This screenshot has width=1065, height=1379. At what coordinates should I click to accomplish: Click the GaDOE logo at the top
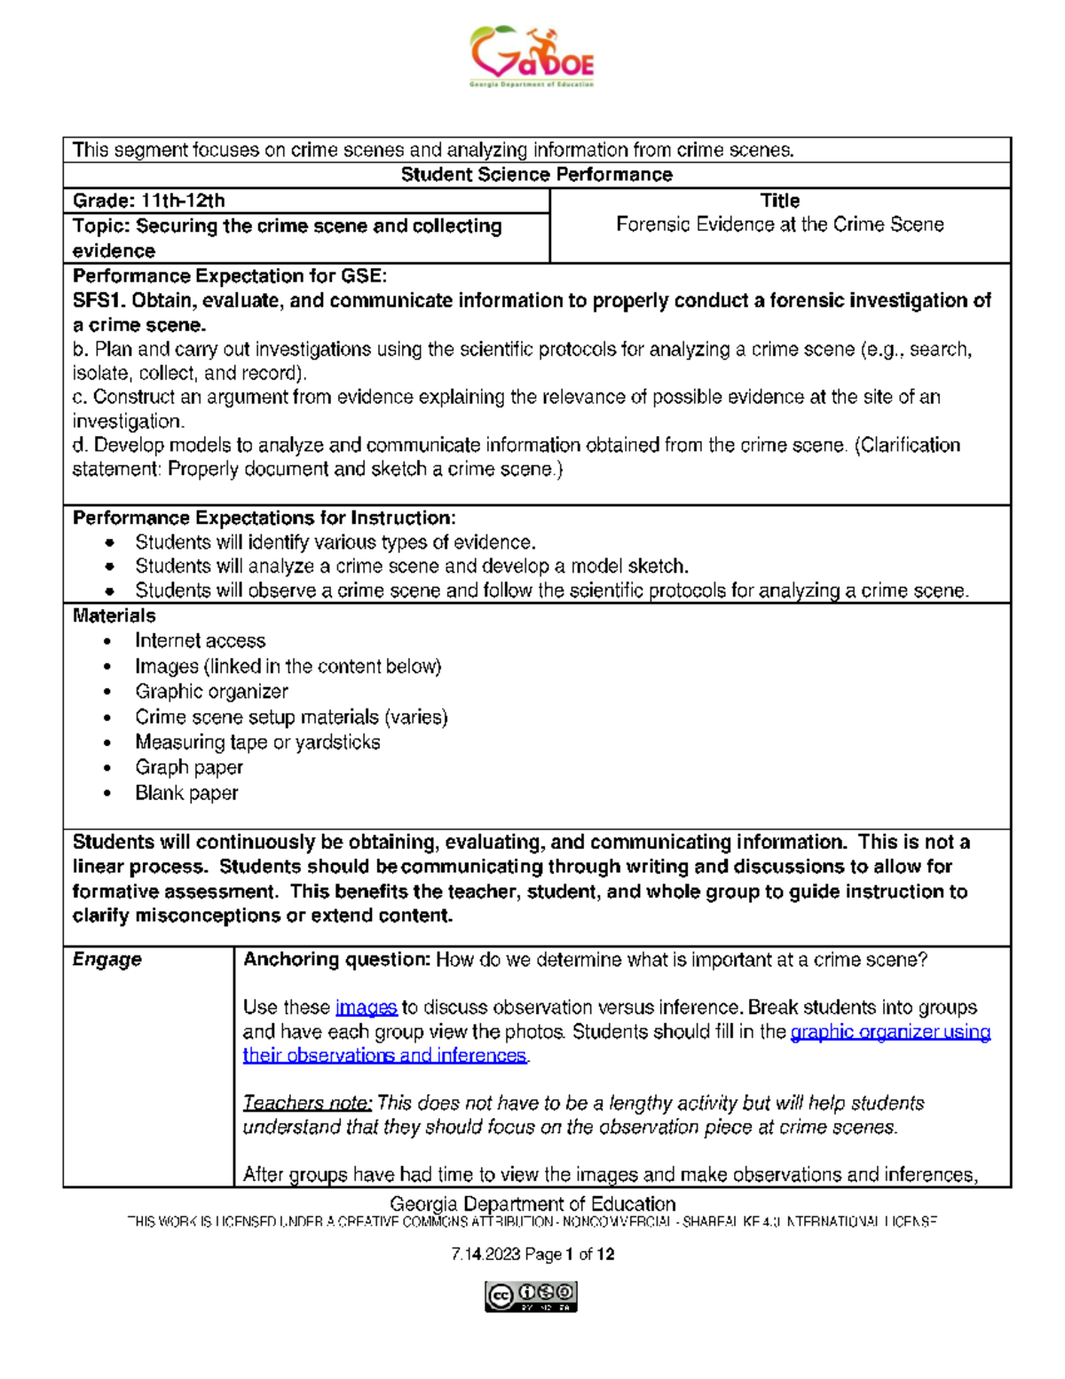(x=532, y=57)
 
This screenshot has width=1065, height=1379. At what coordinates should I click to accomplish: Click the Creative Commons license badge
(x=531, y=1296)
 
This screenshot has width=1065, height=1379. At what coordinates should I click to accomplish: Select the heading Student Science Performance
(x=536, y=175)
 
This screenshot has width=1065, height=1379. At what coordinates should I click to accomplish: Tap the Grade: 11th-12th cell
(x=149, y=201)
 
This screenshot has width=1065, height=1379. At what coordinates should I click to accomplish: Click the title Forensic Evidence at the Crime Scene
(x=779, y=225)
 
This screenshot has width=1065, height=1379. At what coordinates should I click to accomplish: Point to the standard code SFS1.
(x=99, y=301)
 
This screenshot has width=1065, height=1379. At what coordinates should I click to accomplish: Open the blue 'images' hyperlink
(x=366, y=1008)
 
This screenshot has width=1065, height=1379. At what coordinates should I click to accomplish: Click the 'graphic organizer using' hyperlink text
(x=890, y=1032)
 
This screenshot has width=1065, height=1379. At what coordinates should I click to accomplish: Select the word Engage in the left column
(x=107, y=960)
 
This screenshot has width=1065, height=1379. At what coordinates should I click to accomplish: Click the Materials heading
(x=114, y=616)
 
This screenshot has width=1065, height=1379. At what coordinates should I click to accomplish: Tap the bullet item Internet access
(x=200, y=641)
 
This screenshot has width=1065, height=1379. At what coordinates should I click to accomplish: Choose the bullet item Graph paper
(x=188, y=767)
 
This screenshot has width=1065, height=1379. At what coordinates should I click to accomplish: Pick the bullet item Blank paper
(x=186, y=793)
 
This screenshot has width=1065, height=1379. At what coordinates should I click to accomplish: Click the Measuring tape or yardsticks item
(x=257, y=742)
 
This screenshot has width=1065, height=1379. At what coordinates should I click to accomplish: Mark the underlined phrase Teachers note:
(x=307, y=1104)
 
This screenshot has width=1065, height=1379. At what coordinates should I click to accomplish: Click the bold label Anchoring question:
(x=336, y=960)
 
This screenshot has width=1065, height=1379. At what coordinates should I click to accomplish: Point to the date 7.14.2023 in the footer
(x=485, y=1255)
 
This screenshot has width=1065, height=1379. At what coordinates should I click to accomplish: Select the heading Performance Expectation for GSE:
(x=230, y=276)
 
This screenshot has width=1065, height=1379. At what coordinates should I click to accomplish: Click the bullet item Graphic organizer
(x=211, y=692)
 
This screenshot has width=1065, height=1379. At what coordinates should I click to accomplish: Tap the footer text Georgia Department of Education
(x=532, y=1204)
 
